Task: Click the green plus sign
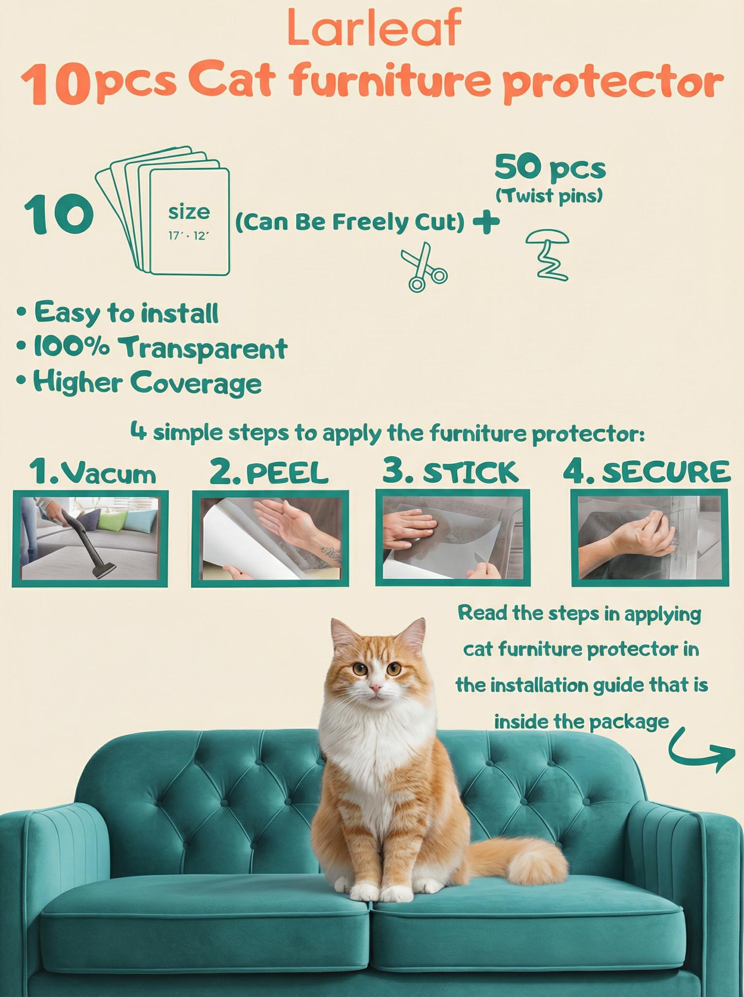(x=486, y=222)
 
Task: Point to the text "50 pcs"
(x=550, y=168)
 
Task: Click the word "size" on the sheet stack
(x=189, y=212)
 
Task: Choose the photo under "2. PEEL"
(x=270, y=538)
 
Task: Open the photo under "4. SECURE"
(x=649, y=537)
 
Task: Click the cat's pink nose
(x=375, y=687)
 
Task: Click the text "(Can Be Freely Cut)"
(x=349, y=222)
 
